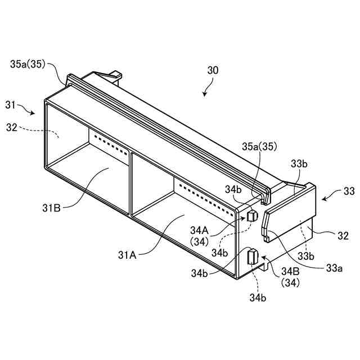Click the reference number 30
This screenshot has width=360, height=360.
pyautogui.click(x=213, y=70)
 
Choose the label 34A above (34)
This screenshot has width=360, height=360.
pyautogui.click(x=200, y=230)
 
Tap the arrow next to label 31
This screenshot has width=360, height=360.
pyautogui.click(x=28, y=109)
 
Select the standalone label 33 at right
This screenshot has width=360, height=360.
pyautogui.click(x=349, y=191)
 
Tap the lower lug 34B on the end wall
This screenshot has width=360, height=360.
pyautogui.click(x=251, y=256)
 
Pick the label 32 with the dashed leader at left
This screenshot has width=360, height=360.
pyautogui.click(x=11, y=128)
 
